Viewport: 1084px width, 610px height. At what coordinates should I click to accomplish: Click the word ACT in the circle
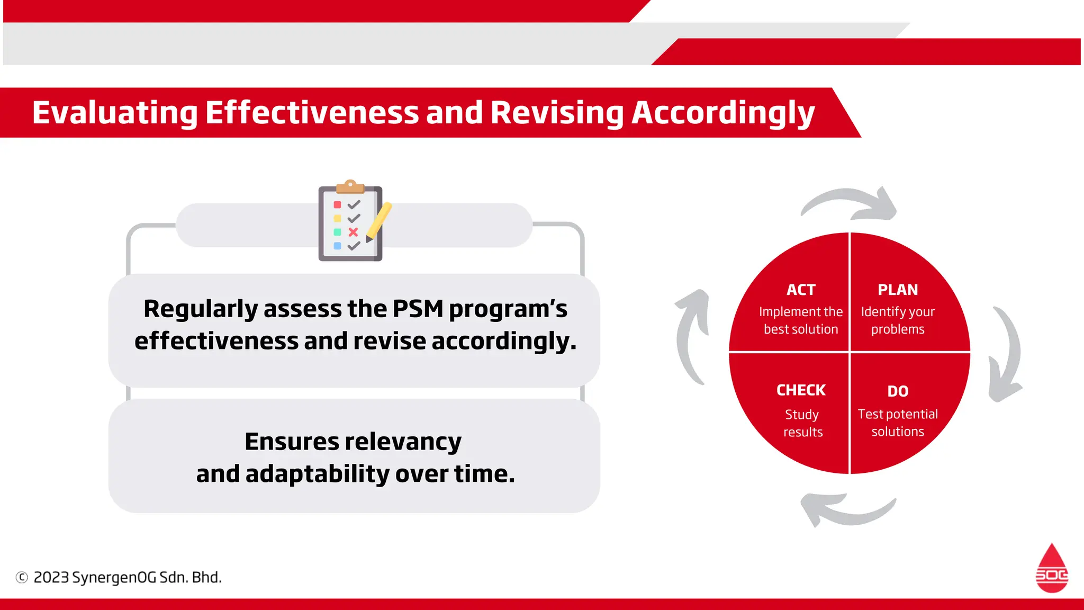pos(800,290)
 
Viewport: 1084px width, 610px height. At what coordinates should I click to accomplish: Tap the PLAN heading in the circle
pos(898,290)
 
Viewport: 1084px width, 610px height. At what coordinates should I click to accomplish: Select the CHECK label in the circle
pos(800,390)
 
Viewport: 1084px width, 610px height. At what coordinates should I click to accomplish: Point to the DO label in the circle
pos(898,391)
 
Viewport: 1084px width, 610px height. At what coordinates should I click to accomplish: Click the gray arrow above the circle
pos(852,203)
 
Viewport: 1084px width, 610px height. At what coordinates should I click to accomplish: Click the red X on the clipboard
pos(353,232)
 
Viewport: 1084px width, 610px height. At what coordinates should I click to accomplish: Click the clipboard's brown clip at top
pos(350,186)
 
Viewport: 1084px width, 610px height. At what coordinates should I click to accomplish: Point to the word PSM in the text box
pos(418,308)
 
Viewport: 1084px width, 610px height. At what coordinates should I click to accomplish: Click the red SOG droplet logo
pos(1051,569)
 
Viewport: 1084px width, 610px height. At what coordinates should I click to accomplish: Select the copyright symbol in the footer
pos(22,577)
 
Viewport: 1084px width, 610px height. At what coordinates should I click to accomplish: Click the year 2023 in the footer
pos(51,577)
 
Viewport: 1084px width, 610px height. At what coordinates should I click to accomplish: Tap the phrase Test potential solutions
pos(898,423)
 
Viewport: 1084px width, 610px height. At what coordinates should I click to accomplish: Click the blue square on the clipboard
pos(337,246)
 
